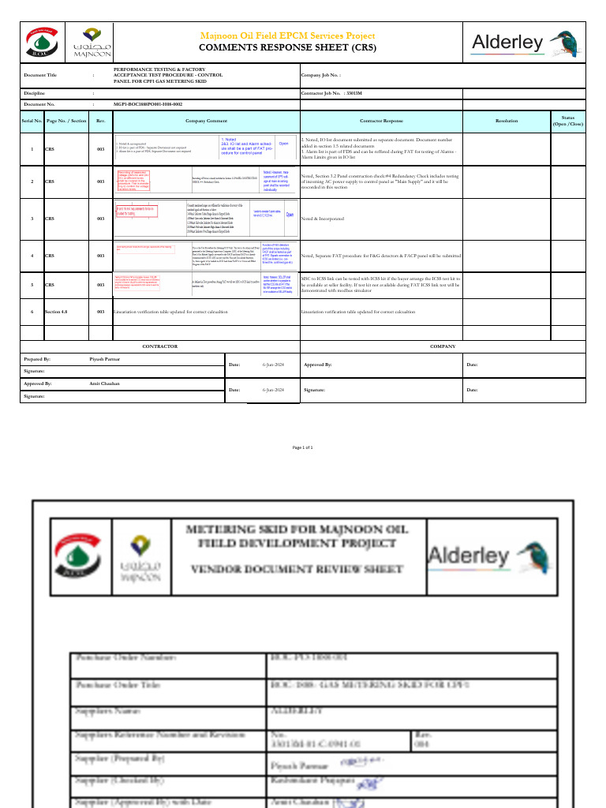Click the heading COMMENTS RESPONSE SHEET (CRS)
(x=287, y=47)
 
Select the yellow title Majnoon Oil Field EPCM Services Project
(x=287, y=36)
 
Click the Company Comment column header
(x=206, y=121)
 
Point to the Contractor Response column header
(x=381, y=121)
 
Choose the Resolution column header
(x=507, y=121)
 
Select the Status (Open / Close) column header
(x=567, y=121)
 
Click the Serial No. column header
(x=32, y=121)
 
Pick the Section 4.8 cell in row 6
(x=56, y=312)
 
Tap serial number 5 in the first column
(x=32, y=284)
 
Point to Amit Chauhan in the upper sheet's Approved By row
(x=105, y=383)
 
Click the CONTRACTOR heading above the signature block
(x=159, y=346)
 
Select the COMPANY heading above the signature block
(x=443, y=346)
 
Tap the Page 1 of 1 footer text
(x=303, y=447)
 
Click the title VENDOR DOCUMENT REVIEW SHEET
(x=297, y=568)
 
